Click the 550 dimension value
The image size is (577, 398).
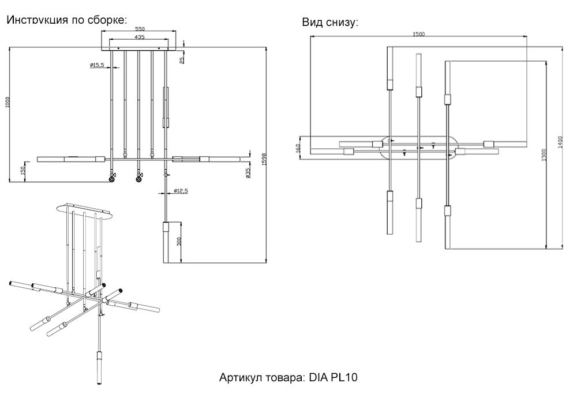[140, 29]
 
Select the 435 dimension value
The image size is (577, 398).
[140, 37]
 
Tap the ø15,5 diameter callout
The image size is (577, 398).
[97, 65]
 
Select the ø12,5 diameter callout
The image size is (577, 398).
[182, 190]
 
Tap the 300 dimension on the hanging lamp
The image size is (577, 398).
[180, 241]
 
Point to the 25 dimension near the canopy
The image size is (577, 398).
[182, 59]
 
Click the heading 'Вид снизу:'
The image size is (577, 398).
[330, 22]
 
